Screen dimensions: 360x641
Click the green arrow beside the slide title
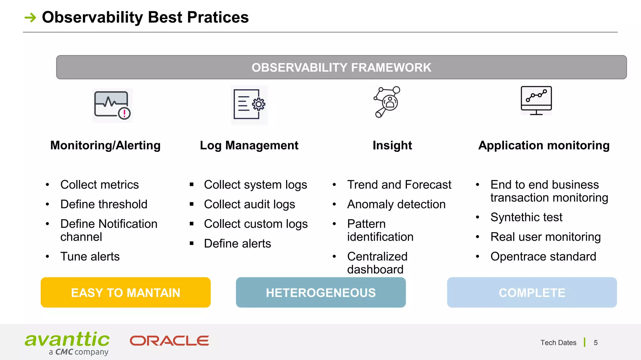pos(30,17)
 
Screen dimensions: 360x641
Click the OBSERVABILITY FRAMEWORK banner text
pos(341,67)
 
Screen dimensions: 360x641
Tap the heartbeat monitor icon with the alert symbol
pos(112,105)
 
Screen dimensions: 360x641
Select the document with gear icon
pos(249,105)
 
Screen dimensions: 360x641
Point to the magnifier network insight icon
pos(387,102)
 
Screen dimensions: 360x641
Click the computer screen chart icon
pos(536,100)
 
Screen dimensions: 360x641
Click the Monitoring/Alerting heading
pos(105,145)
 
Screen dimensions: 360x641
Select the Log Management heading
pos(249,145)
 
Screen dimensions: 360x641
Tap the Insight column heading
pos(392,145)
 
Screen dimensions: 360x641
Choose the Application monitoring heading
pos(544,145)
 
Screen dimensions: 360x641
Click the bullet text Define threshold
pos(104,204)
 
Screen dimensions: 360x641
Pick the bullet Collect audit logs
pos(249,204)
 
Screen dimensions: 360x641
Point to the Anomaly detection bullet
pos(396,204)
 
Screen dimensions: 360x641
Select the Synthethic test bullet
pos(526,217)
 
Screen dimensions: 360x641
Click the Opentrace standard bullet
pos(543,257)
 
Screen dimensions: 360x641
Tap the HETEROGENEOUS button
pos(321,292)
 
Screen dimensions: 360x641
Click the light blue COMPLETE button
pos(532,292)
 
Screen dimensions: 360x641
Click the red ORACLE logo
pos(169,341)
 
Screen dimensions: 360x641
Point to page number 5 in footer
pos(596,343)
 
